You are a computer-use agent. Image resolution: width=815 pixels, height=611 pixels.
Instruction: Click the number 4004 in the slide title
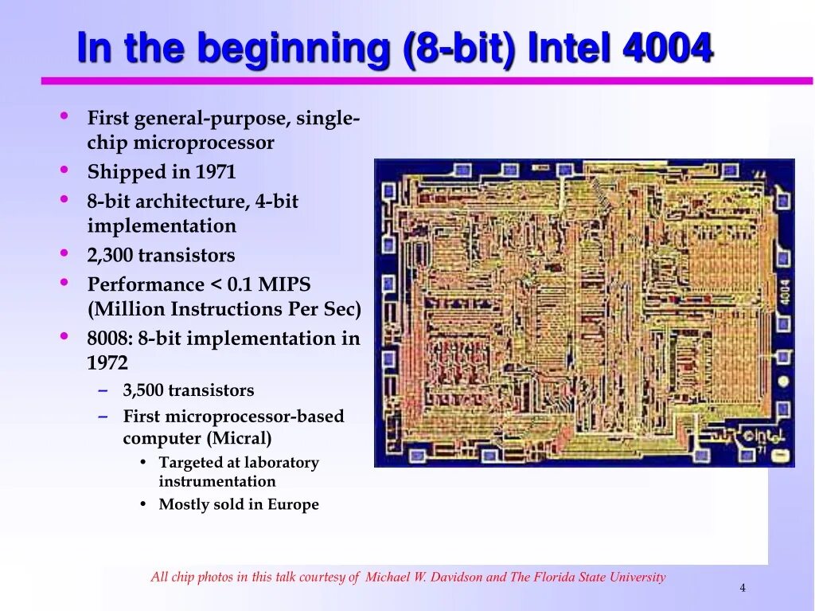[667, 49]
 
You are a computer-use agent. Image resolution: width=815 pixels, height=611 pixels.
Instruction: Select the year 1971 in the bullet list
[216, 172]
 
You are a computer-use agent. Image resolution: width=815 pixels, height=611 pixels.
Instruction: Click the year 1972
[107, 363]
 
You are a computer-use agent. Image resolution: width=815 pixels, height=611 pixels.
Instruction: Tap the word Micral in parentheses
[242, 438]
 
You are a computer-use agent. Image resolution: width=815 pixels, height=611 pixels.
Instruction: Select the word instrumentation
[217, 481]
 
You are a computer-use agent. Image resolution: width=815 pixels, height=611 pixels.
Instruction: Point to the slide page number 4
[743, 588]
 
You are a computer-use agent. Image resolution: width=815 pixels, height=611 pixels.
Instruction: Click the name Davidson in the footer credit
[456, 578]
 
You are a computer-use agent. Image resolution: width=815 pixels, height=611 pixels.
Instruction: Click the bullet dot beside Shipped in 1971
[64, 170]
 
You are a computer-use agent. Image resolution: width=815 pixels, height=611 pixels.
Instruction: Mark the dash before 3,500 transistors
[104, 390]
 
